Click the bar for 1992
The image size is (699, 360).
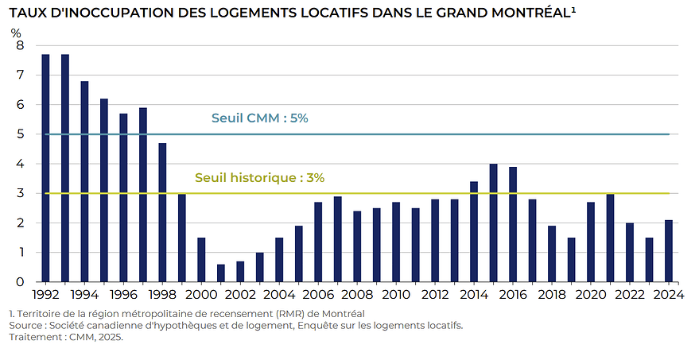click(x=45, y=168)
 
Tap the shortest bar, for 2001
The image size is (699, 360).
click(x=221, y=273)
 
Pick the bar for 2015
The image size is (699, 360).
click(x=494, y=223)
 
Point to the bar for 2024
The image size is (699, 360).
click(x=669, y=251)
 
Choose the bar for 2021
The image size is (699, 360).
click(x=611, y=238)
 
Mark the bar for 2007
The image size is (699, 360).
click(x=338, y=239)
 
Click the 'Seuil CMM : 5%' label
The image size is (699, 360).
click(x=259, y=118)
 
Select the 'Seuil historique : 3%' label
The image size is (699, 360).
click(x=259, y=178)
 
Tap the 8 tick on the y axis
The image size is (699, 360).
click(x=20, y=45)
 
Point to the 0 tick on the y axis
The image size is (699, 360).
click(x=20, y=282)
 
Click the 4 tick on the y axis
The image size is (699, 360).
click(x=20, y=164)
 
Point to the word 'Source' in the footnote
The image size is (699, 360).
click(x=25, y=326)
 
